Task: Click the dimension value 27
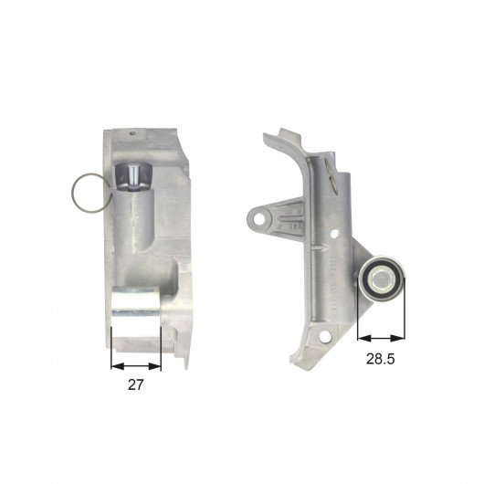coord(136,384)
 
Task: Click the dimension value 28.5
coord(380,359)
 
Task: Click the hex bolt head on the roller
coord(380,279)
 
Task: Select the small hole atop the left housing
coord(132,133)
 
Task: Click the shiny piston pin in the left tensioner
coord(134,177)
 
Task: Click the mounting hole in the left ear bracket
coord(258,219)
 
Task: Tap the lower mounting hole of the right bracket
coord(325,336)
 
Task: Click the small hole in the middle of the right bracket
coord(333,234)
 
